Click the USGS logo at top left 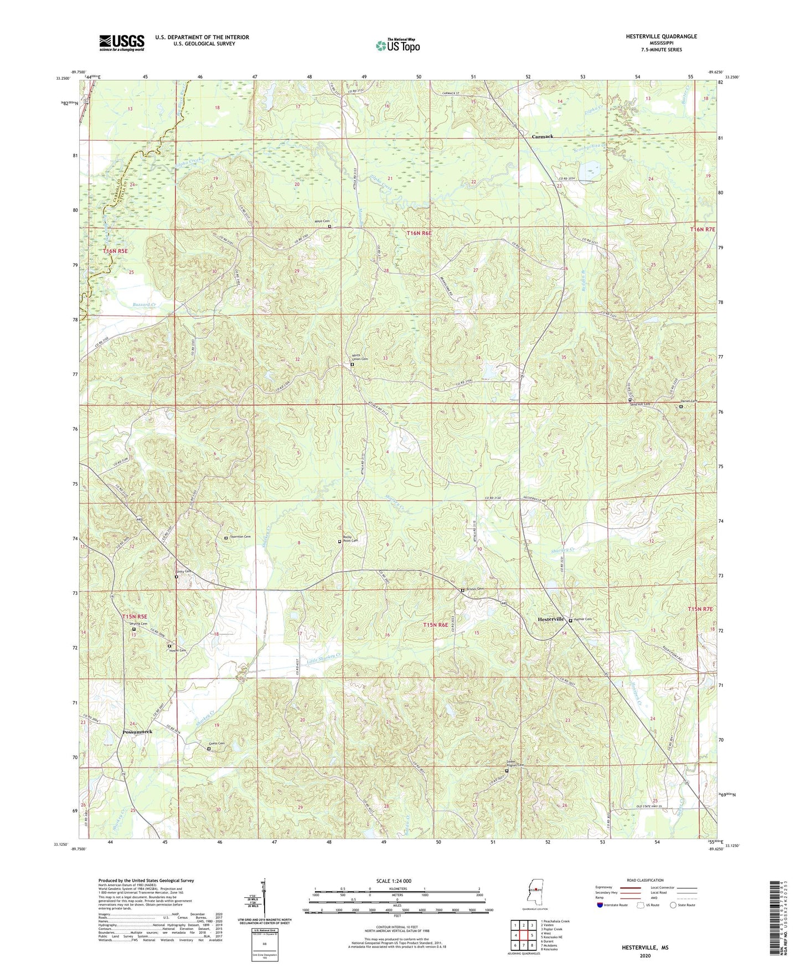121,43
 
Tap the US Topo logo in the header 398,45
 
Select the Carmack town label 542,136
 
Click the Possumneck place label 137,732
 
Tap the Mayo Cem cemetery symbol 329,227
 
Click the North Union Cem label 360,357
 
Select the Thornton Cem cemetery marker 226,538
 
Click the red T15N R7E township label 700,609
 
